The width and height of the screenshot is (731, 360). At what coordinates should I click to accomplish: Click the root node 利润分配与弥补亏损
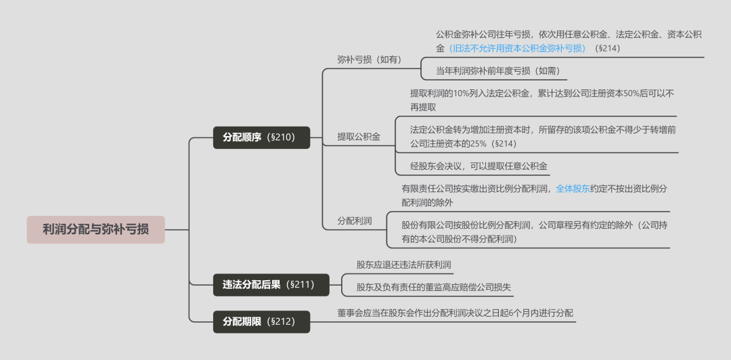click(95, 229)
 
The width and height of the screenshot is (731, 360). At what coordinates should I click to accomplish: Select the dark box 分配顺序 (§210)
click(261, 137)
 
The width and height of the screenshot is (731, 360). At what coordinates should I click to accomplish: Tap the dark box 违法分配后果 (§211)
click(261, 284)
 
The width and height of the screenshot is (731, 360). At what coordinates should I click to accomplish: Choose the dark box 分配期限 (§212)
click(261, 321)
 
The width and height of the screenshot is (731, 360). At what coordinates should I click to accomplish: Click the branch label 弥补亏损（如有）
click(370, 60)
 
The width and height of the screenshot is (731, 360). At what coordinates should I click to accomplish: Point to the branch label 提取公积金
click(359, 137)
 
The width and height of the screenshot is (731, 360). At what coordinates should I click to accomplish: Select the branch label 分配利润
click(355, 221)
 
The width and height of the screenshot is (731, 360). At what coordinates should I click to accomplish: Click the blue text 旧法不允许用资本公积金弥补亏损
click(518, 48)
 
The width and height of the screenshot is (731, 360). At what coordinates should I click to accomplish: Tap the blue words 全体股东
click(573, 189)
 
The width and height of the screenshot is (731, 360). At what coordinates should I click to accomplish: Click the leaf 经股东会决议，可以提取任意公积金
click(479, 165)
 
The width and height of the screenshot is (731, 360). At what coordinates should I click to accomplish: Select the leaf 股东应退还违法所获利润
click(403, 265)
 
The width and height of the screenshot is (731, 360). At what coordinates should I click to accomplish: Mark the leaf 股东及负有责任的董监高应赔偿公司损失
click(434, 288)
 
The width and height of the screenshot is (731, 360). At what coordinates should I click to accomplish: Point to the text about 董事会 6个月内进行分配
click(455, 313)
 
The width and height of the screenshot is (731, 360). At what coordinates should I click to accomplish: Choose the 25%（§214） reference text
click(493, 143)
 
